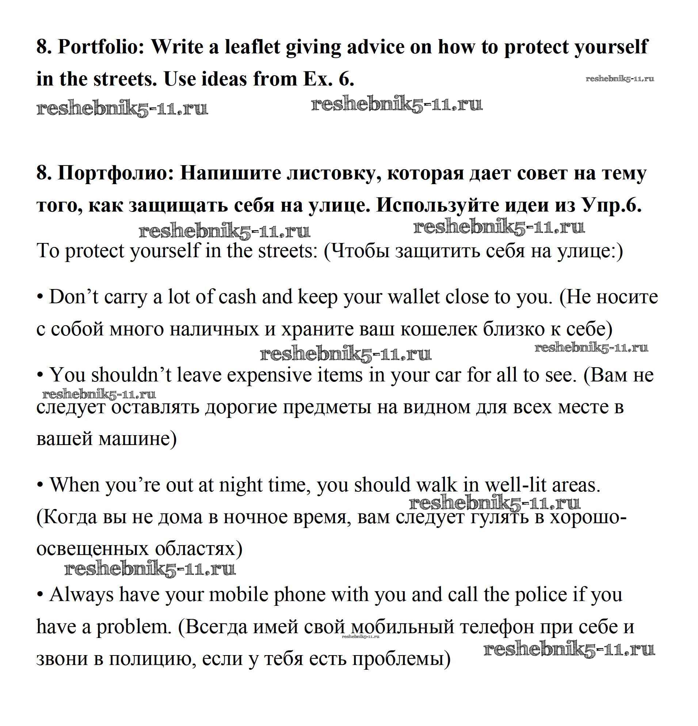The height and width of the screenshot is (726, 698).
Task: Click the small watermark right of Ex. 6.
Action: pos(620,79)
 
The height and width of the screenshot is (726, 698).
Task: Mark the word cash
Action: pos(238,297)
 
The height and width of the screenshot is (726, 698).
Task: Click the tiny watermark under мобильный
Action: pos(361,636)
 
